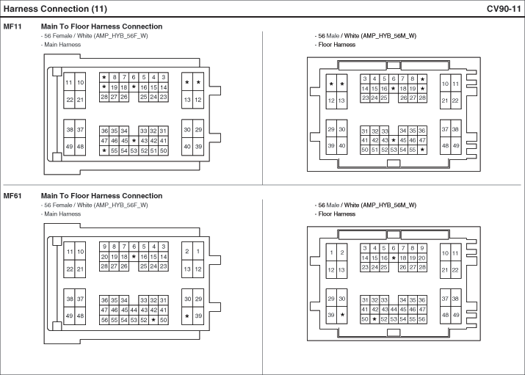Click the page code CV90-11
coord(504,9)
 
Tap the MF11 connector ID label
coord(12,26)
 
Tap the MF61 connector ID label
coord(12,196)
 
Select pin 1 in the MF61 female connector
coord(198,251)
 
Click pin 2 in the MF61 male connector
coord(342,252)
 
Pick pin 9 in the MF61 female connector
coord(104,247)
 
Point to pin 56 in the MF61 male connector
coord(422,319)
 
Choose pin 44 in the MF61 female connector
coord(134,310)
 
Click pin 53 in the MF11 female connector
coord(134,151)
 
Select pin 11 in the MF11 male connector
coord(456,84)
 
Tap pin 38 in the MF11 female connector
coord(70,129)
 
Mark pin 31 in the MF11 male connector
coord(365,131)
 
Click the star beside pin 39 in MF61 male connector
coord(342,315)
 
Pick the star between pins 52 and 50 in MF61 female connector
coord(153,320)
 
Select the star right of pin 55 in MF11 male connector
coord(422,150)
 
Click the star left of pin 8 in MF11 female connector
coord(104,77)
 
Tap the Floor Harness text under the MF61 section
coord(336,214)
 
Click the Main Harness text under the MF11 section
coord(62,45)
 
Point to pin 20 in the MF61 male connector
coord(422,258)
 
